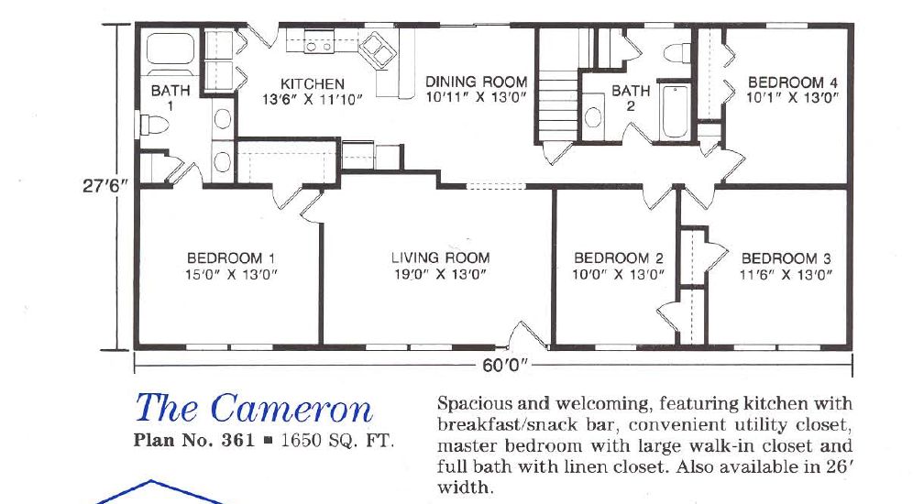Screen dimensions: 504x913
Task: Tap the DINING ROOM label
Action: pos(476,82)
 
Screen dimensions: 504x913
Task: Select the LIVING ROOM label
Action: pos(440,258)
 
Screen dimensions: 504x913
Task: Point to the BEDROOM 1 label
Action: pos(231,258)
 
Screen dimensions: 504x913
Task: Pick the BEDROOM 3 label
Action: pos(786,258)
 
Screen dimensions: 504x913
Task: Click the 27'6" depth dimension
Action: pos(104,183)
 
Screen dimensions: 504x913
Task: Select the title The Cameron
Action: pos(254,408)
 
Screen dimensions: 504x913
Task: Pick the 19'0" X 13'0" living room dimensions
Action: pos(440,273)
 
